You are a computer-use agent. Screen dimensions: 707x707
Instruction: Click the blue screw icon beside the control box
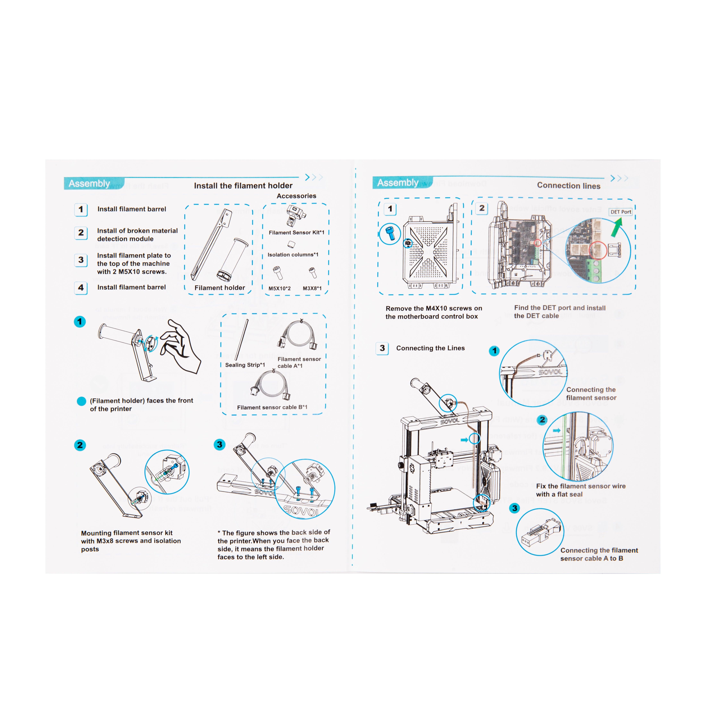point(390,233)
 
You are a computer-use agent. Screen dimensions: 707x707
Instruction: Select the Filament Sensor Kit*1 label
point(296,232)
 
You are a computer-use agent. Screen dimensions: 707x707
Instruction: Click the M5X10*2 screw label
point(280,288)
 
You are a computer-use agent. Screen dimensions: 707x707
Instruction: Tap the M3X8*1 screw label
point(312,288)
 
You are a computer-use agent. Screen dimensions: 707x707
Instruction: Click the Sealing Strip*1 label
point(245,365)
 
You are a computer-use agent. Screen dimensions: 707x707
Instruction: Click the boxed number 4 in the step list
point(81,288)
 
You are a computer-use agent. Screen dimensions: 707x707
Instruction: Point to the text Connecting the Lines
point(430,348)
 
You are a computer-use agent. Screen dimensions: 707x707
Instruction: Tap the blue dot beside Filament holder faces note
point(81,401)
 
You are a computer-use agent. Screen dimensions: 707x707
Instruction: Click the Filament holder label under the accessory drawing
point(220,288)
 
